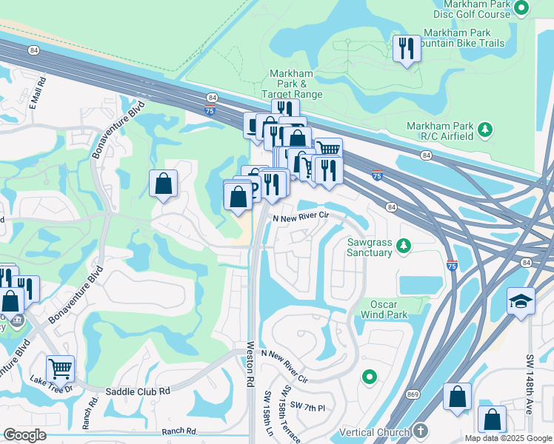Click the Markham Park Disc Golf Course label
pos(473,9)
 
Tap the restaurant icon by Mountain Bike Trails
pos(405,50)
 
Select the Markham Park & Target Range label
pos(292,84)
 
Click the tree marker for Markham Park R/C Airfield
pos(486,130)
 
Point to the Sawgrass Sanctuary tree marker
pos(404,245)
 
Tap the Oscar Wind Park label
pos(378,310)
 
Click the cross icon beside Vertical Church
pos(421,431)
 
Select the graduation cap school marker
pos(521,301)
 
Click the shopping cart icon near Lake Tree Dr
pos(60,368)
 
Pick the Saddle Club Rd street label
pos(138,391)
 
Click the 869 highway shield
pos(410,395)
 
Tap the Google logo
pos(25,435)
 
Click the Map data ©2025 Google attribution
pos(507,438)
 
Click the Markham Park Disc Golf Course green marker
pos(521,8)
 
